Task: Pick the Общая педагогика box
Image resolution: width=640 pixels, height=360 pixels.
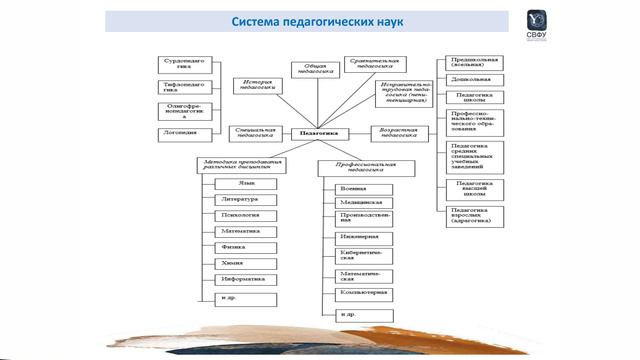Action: [x=310, y=69]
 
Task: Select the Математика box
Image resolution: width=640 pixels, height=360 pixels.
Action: [x=244, y=231]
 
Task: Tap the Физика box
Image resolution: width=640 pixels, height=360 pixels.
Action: [x=244, y=247]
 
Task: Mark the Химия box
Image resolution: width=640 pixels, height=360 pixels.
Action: [x=244, y=263]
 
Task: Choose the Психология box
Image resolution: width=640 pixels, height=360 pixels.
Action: [x=244, y=215]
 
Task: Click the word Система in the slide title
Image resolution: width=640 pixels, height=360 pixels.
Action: [x=260, y=21]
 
